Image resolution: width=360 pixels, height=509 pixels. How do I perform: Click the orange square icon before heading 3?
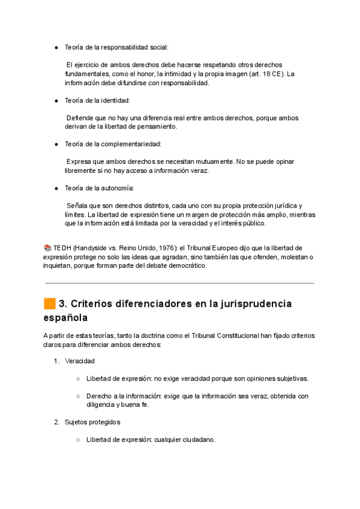point(50,304)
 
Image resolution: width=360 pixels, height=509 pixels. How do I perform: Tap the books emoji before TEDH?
point(48,248)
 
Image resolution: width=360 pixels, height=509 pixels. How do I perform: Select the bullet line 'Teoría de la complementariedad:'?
point(113,144)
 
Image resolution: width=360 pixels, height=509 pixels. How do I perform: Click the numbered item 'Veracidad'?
point(80,361)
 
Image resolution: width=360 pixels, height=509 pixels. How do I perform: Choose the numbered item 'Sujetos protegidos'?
point(92,422)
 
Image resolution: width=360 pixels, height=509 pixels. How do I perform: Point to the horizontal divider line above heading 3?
point(179,283)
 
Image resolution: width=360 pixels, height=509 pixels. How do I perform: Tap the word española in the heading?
point(69,317)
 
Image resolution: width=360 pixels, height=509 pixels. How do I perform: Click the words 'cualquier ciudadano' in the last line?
point(184,439)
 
